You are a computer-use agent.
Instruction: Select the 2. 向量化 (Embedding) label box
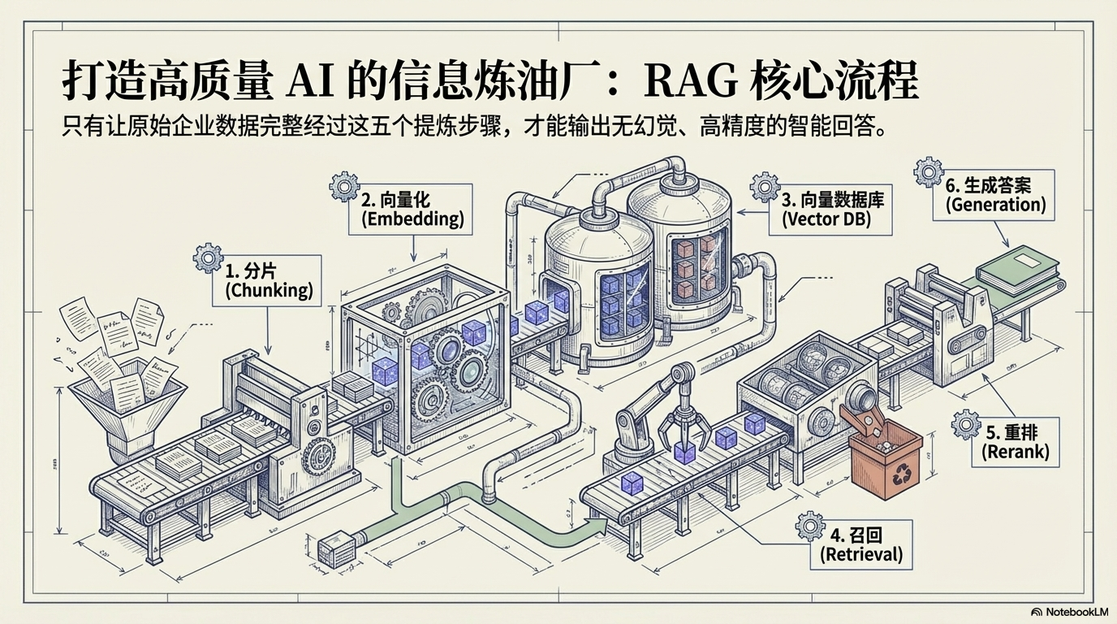pyautogui.click(x=412, y=209)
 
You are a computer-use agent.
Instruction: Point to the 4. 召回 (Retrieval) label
pyautogui.click(x=861, y=545)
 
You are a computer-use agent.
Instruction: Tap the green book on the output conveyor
pyautogui.click(x=1020, y=270)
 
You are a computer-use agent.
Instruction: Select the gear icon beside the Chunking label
pyautogui.click(x=208, y=258)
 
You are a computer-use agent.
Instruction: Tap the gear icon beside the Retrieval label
pyautogui.click(x=809, y=526)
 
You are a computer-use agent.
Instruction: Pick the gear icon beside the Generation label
pyautogui.click(x=928, y=172)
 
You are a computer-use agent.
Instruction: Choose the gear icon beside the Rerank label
pyautogui.click(x=965, y=423)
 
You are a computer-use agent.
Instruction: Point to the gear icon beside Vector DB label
pyautogui.click(x=764, y=186)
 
